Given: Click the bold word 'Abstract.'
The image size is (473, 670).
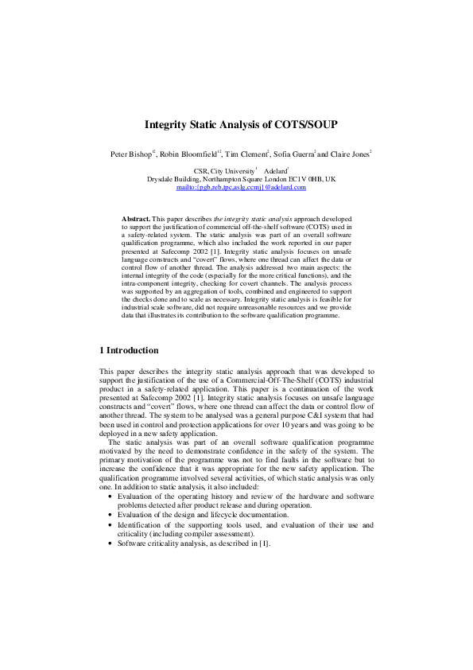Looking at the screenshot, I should (135, 217).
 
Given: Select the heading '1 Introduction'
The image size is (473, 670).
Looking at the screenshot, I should (129, 351).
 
